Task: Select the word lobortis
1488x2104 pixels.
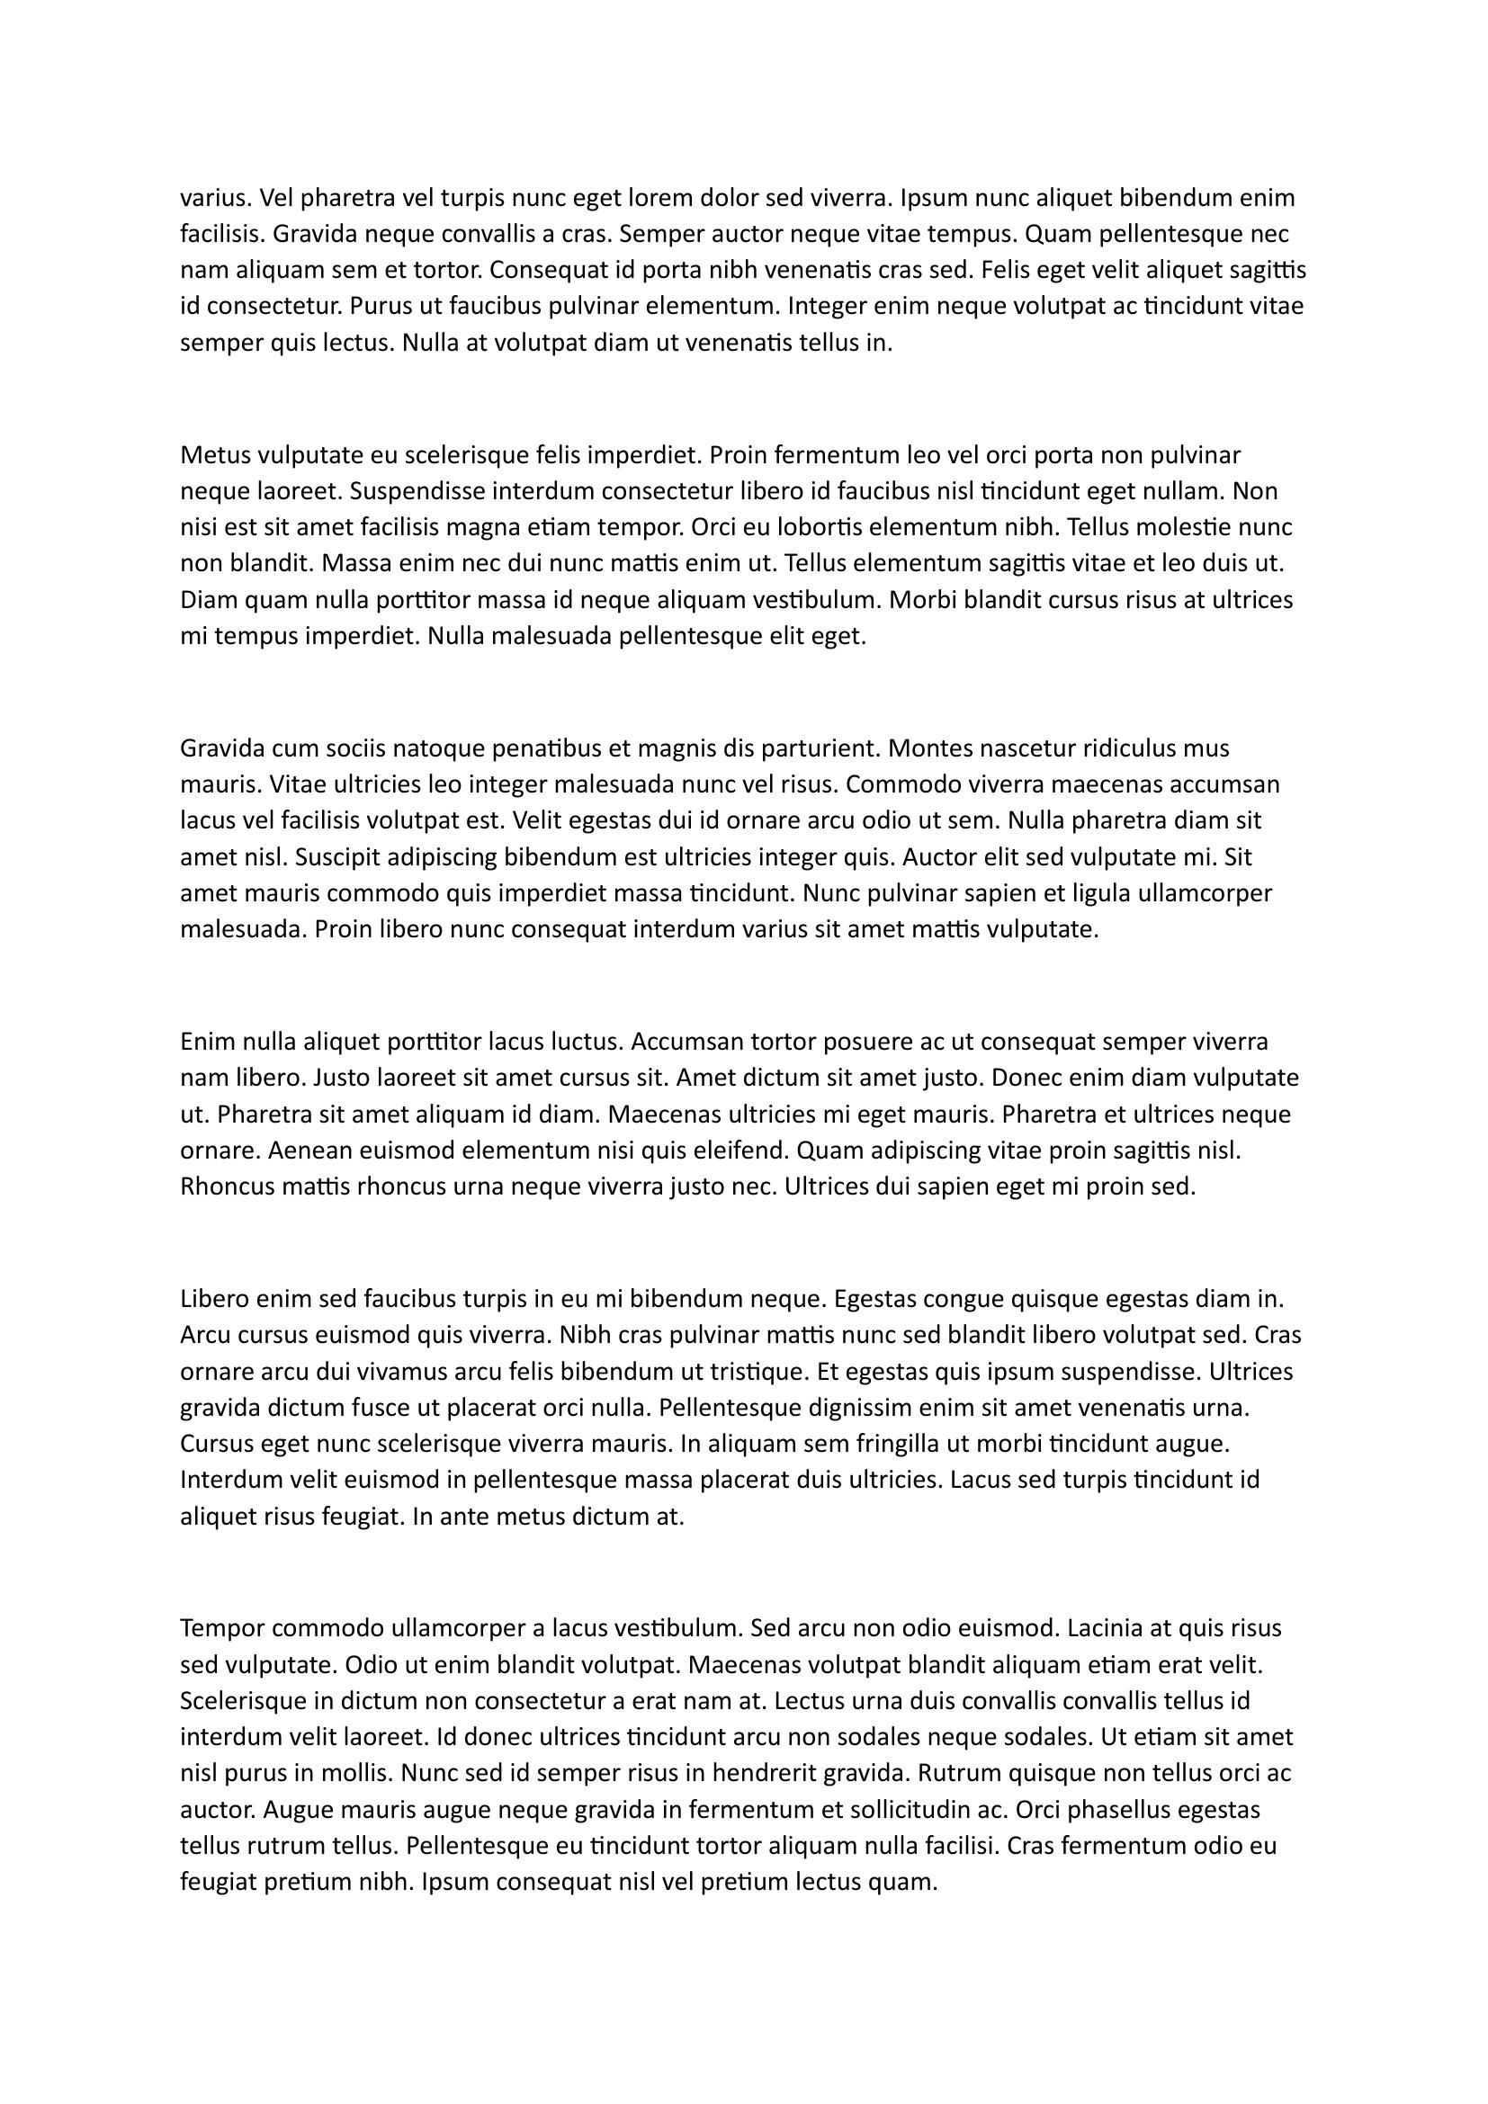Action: pyautogui.click(x=817, y=528)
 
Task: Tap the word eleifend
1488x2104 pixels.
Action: pyautogui.click(x=746, y=1151)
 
